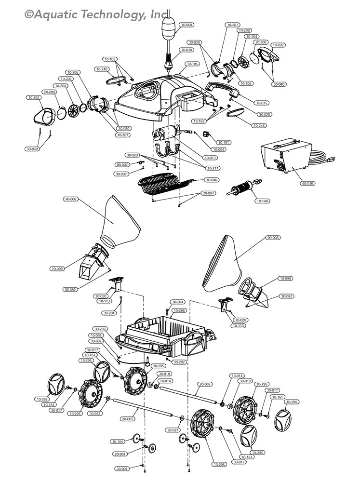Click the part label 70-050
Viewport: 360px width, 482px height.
tap(186, 25)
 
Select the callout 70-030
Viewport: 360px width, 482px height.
tap(186, 50)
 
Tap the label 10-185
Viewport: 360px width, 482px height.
tap(192, 64)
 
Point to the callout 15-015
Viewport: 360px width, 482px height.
tap(262, 103)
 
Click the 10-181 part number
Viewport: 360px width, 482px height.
tap(224, 143)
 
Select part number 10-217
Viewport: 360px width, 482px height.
tap(213, 168)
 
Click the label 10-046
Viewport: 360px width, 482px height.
tap(212, 180)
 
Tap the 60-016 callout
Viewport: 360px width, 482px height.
tap(307, 184)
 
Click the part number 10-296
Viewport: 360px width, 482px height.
tap(179, 310)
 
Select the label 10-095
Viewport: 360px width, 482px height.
tap(96, 335)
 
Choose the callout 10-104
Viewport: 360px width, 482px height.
tap(118, 442)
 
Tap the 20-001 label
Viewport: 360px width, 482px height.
tap(120, 454)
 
